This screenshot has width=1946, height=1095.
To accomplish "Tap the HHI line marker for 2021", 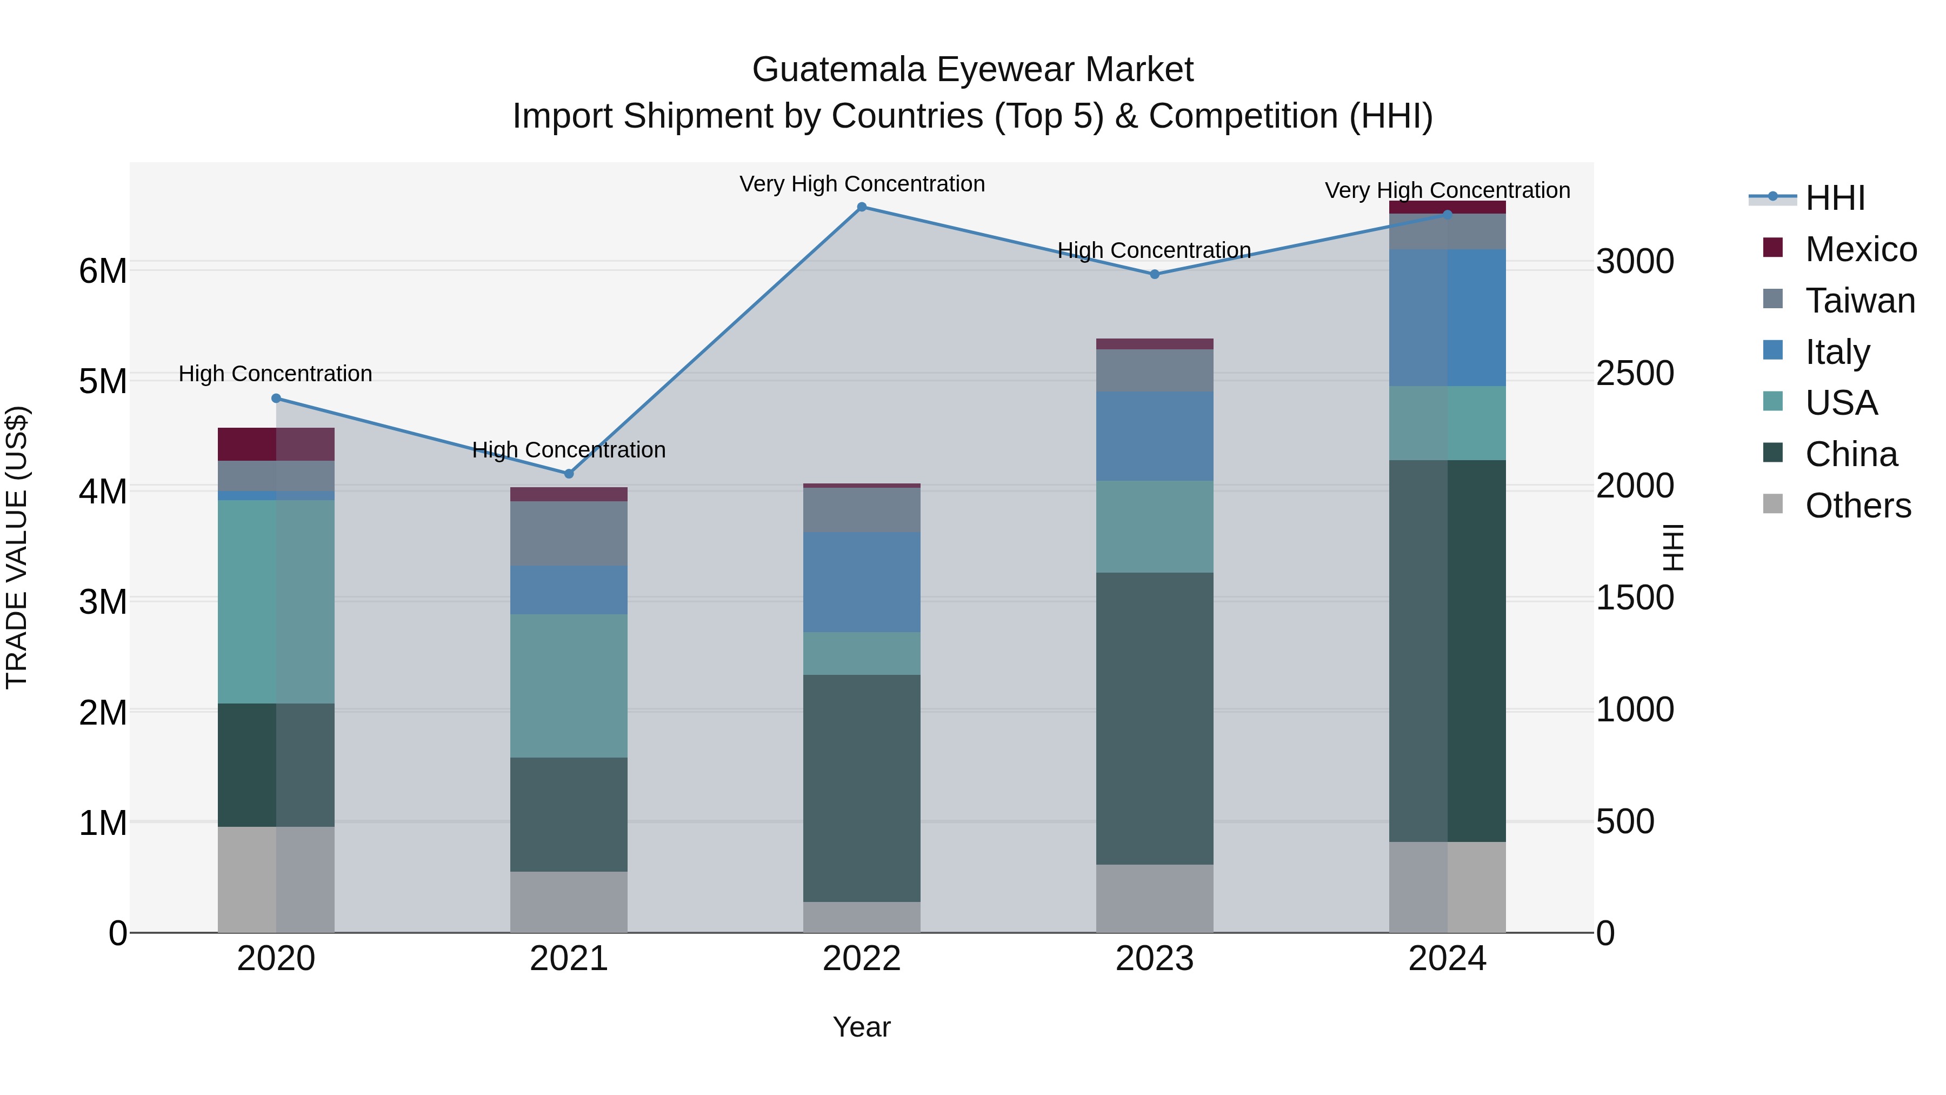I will tap(569, 474).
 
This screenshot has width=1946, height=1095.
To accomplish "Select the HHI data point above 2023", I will tap(1154, 274).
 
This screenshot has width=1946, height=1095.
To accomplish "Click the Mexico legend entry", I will tap(1861, 249).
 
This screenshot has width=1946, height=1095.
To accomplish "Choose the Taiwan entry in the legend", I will tap(1860, 301).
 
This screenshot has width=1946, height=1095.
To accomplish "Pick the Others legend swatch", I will tap(1773, 504).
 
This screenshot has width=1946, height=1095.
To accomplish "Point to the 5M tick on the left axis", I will tap(103, 381).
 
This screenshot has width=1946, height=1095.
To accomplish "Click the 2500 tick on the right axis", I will tap(1635, 373).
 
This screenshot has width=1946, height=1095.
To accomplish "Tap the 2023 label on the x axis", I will tap(1154, 959).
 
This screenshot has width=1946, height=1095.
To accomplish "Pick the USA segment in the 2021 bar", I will tap(569, 686).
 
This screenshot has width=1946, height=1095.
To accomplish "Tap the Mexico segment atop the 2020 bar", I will tap(276, 443).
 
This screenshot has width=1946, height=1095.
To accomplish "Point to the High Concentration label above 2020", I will tap(275, 373).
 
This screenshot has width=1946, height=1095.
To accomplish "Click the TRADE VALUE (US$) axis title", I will tap(17, 547).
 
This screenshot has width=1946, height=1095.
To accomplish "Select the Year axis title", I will tap(861, 1027).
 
